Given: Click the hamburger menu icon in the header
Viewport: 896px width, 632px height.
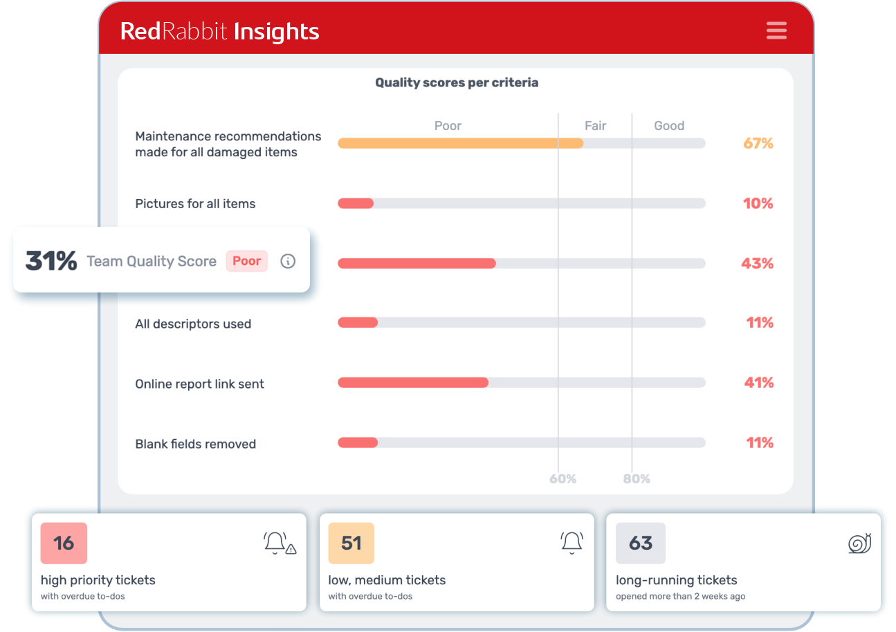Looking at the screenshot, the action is pos(776,31).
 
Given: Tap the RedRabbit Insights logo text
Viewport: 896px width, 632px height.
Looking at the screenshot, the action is pos(219,31).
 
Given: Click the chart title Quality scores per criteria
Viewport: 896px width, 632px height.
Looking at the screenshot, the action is pos(457,83).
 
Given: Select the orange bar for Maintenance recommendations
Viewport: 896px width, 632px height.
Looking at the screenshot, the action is pos(460,143).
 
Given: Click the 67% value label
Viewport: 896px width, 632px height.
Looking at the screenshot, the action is pos(758,143).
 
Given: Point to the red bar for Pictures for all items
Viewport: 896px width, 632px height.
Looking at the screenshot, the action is pos(356,203).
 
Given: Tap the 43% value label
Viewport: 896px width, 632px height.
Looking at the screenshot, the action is pos(757,263).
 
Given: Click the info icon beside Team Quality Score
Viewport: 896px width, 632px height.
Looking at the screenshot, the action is pos(288,261).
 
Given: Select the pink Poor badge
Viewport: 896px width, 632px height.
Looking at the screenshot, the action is pos(246,261).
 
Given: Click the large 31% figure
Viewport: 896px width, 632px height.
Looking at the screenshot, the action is pos(51,261).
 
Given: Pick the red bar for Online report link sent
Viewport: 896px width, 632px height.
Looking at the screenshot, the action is pos(413,382).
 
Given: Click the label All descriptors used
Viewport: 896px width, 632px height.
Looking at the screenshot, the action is pos(193,324).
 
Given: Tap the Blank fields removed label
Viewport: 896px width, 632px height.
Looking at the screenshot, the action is pos(196,444).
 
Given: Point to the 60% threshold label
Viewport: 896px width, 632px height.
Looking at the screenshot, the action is pos(563,478).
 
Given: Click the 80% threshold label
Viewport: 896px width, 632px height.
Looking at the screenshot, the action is pos(637,478).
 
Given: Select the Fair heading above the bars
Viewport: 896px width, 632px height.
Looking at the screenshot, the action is pos(595,126).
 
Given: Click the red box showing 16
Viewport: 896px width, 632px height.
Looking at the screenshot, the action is pos(64,543).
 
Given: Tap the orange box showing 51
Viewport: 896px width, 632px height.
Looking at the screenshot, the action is pos(351,543).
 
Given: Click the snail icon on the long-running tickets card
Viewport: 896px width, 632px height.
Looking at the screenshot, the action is pos(859,543).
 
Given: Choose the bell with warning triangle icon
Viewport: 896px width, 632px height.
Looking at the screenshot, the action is pos(280,543).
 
